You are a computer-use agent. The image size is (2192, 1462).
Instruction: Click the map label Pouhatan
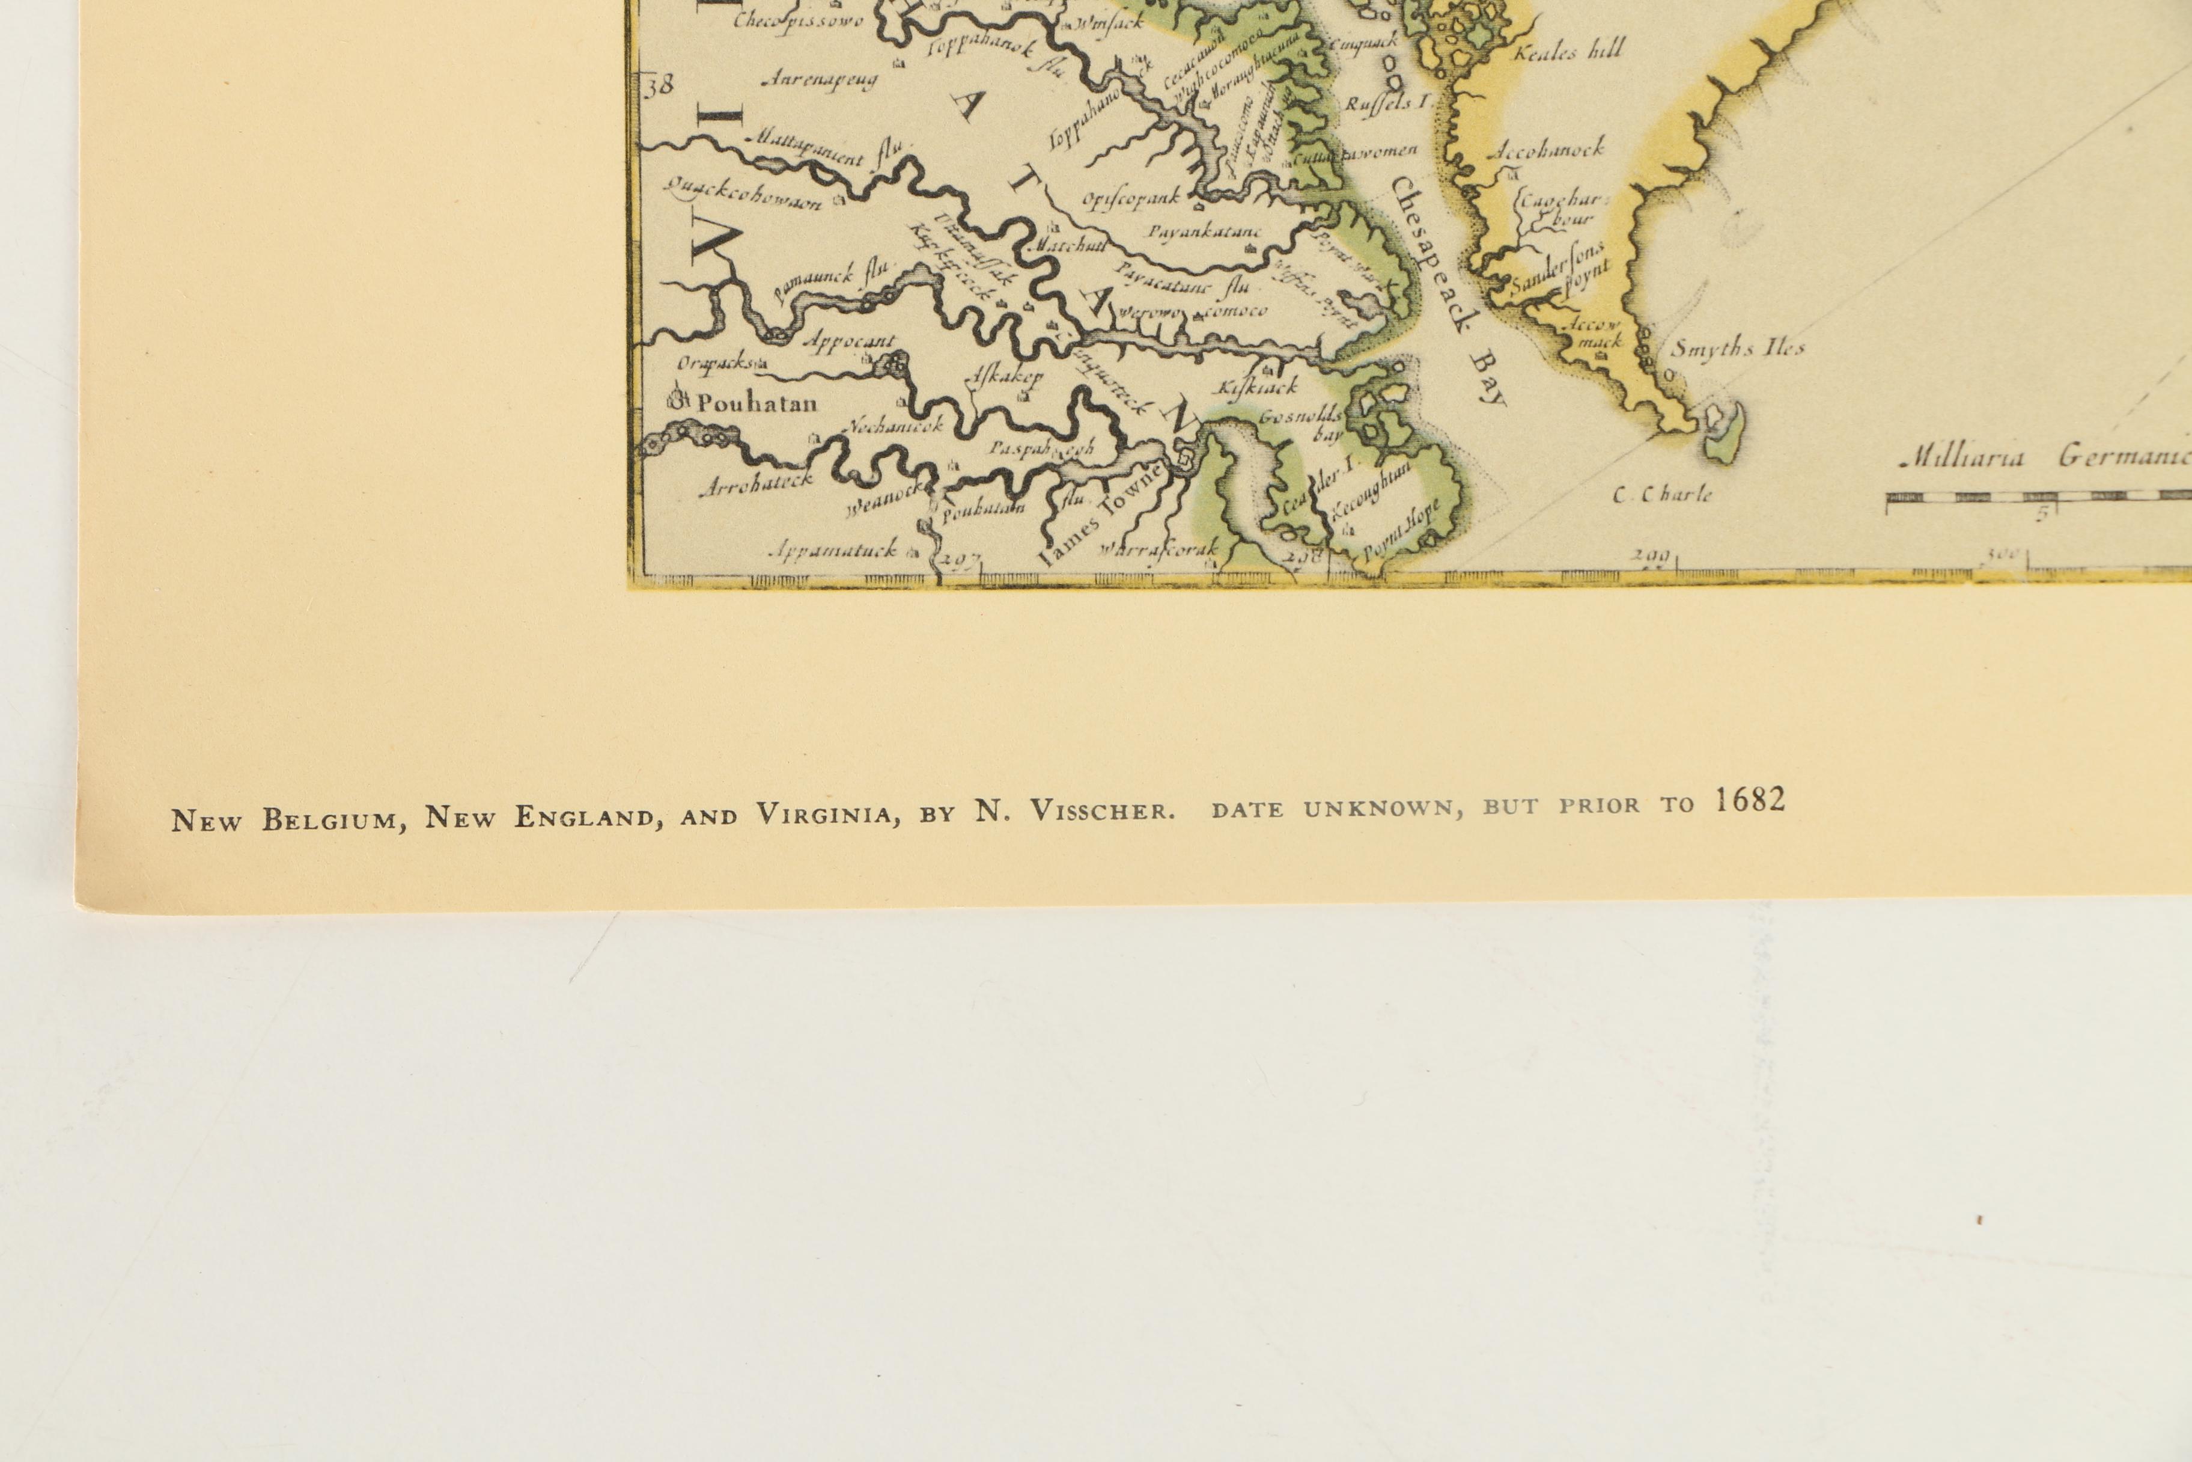point(756,404)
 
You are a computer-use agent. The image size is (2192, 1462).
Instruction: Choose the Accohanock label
point(1548,148)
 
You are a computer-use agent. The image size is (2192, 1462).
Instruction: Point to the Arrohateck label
point(756,486)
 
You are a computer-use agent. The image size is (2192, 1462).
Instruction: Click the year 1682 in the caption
point(1749,800)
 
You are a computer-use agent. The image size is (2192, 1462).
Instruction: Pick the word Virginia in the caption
point(827,814)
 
